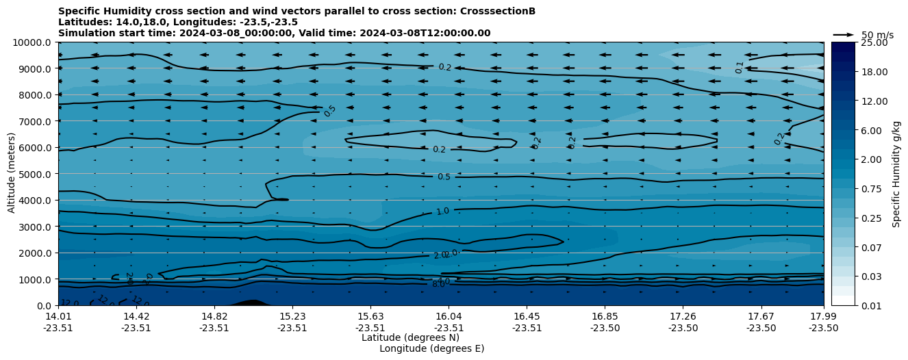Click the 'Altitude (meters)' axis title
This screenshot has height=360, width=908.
coord(12,174)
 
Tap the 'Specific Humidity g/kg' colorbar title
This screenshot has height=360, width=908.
coord(896,174)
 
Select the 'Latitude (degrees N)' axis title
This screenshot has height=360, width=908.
coord(410,337)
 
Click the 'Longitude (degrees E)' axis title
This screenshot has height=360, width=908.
coord(431,348)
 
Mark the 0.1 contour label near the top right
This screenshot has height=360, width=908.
coord(740,67)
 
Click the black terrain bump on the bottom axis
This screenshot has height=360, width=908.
coord(251,303)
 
